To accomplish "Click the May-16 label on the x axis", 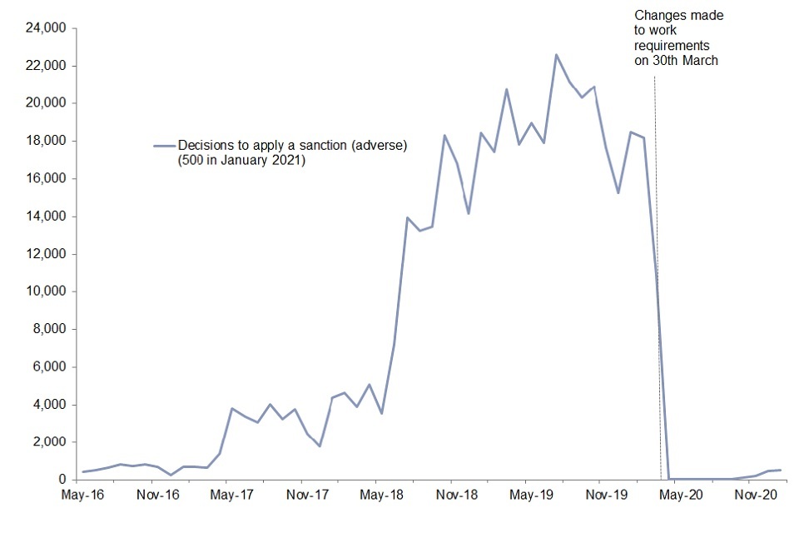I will [82, 496].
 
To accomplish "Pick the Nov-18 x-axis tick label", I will [456, 496].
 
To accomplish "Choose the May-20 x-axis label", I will [680, 496].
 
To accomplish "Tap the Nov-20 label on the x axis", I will [755, 496].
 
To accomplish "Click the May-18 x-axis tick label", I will [381, 496].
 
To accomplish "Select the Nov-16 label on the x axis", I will [157, 496].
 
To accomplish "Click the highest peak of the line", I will [556, 55].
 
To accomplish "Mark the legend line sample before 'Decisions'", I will [164, 146].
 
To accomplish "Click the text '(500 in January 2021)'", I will [241, 160].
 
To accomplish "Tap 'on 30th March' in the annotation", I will [676, 61].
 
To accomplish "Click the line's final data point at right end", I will [780, 470].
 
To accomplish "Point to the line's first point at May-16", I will [82, 472].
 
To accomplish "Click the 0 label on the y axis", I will [62, 480].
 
